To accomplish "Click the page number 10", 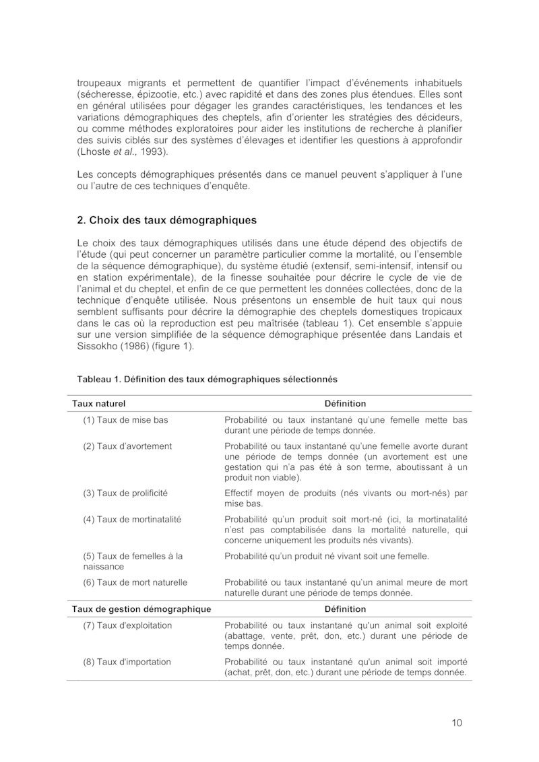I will point(457,723).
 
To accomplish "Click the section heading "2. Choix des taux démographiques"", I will point(166,219).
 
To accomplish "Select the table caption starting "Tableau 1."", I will point(207,379).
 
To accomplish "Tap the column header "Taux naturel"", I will point(99,404).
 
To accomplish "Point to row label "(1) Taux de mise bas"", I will point(125,420).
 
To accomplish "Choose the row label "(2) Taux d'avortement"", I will point(127,446).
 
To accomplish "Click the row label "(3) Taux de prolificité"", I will point(125,493).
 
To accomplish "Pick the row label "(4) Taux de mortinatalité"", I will point(132,519).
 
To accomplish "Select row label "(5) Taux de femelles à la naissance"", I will point(133,561).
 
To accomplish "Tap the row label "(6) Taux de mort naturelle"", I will point(135,582).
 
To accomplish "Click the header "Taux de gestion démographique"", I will point(141,609).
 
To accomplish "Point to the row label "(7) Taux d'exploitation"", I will point(127,625).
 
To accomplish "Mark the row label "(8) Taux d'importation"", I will point(127,662).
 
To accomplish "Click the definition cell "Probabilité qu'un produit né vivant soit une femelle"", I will point(326,556).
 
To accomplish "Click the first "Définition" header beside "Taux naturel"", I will point(345,404).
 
